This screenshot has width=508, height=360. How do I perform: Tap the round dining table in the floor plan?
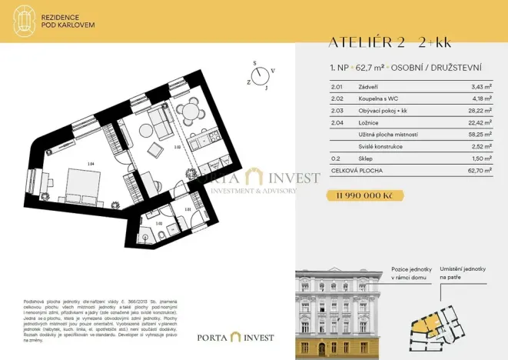pos(190,112)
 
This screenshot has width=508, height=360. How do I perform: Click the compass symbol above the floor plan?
pos(263,75)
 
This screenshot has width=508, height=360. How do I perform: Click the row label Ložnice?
pos(368,122)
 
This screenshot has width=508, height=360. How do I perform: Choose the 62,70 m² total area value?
pos(479,169)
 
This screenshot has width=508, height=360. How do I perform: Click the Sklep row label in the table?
pos(367,157)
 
